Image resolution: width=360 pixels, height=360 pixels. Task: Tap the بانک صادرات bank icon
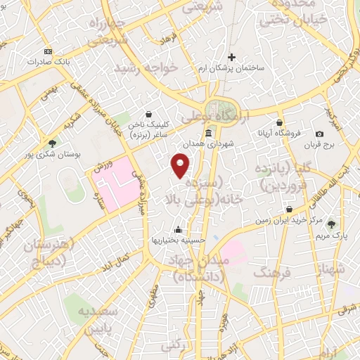[x=48, y=51]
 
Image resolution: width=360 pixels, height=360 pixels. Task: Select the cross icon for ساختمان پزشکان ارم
[x=232, y=58]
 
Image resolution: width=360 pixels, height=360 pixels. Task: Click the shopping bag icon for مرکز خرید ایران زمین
[x=290, y=210]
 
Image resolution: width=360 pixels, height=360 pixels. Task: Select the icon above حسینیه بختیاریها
[x=179, y=229]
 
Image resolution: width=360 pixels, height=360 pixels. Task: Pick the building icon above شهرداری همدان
[x=208, y=134]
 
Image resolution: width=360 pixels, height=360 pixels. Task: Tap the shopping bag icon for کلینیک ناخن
[x=148, y=113]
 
